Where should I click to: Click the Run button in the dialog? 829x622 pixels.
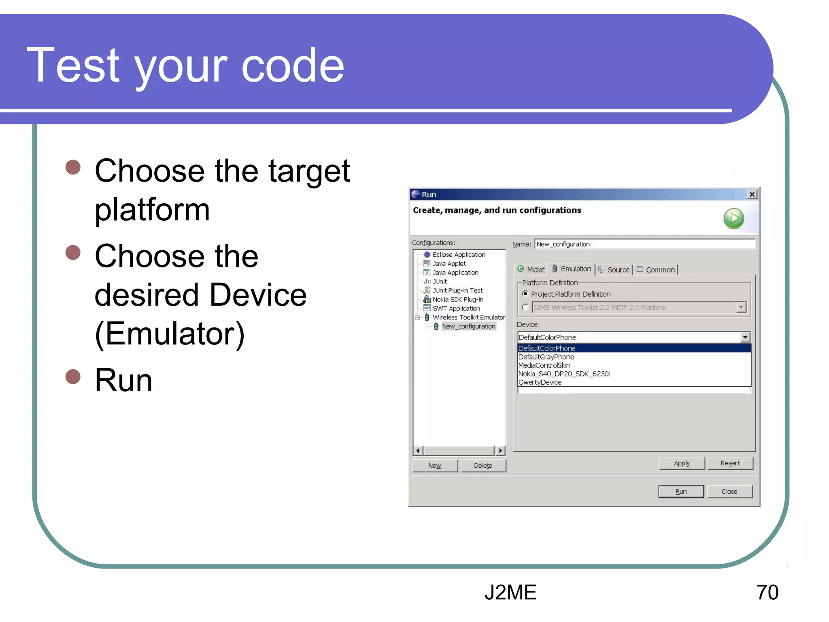tap(680, 491)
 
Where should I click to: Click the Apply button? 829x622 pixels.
tap(682, 463)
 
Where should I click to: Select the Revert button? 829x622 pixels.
tap(730, 463)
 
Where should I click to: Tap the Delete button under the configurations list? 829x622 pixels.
tap(483, 465)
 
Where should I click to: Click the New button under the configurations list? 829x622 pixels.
tap(435, 465)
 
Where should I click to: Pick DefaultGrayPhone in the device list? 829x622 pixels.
tap(546, 357)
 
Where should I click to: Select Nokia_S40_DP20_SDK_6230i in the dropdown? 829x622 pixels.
tap(564, 374)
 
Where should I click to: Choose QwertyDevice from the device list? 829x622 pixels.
tap(540, 382)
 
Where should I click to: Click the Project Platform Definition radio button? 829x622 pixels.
tap(525, 294)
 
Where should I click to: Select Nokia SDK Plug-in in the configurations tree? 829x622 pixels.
tap(458, 299)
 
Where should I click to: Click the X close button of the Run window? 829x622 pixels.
tap(752, 194)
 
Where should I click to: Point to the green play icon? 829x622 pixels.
tap(733, 219)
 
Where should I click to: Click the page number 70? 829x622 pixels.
tap(767, 592)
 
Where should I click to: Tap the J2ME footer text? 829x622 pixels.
tap(510, 592)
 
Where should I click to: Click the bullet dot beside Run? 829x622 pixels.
tap(73, 376)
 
